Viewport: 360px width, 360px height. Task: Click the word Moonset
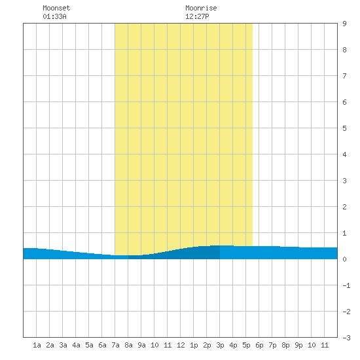click(56, 8)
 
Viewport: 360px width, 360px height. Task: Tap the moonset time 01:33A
click(54, 16)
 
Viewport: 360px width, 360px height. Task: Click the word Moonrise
click(201, 8)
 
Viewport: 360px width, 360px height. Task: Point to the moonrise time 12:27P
click(197, 16)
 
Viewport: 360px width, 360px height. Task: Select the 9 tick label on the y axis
click(344, 24)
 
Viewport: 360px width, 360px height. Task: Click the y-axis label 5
click(344, 128)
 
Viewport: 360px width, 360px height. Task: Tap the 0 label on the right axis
click(344, 259)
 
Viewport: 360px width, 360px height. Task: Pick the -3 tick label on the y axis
click(346, 338)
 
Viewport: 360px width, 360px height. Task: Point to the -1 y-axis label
click(346, 285)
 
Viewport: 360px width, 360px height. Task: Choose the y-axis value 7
click(344, 76)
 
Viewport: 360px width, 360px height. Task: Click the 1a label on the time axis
click(37, 345)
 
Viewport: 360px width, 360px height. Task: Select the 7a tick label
click(115, 345)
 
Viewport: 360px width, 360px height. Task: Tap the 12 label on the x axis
click(181, 345)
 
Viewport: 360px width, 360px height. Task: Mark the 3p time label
click(220, 345)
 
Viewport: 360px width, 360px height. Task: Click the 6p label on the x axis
click(259, 345)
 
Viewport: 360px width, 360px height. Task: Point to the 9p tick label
click(298, 345)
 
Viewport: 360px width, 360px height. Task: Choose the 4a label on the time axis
click(76, 345)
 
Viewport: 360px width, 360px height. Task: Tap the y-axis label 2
click(344, 207)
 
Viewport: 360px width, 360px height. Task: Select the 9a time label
click(141, 345)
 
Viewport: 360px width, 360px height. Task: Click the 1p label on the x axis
click(194, 345)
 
